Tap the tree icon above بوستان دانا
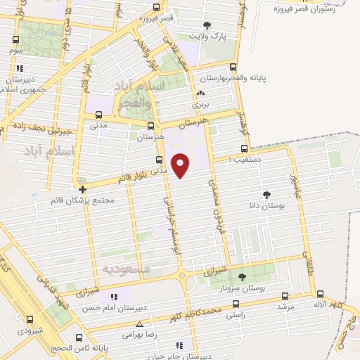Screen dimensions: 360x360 pyautogui.click(x=266, y=194)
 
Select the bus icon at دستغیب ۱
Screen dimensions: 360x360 pyautogui.click(x=244, y=148)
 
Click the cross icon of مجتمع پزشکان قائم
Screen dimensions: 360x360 pyautogui.click(x=83, y=189)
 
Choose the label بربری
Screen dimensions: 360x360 pyautogui.click(x=201, y=104)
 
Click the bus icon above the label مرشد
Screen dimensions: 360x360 pyautogui.click(x=284, y=296)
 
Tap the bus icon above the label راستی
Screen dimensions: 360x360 pyautogui.click(x=236, y=304)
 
